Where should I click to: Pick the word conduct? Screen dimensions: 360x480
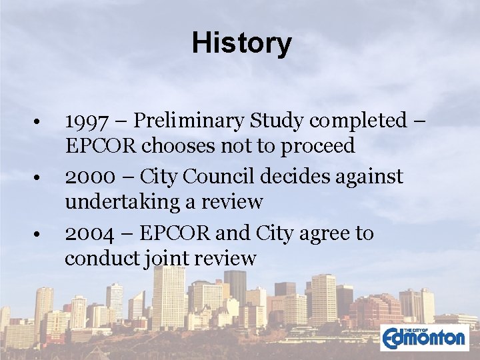click(101, 258)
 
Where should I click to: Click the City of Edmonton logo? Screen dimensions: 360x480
click(424, 337)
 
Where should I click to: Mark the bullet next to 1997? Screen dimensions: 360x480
click(41, 122)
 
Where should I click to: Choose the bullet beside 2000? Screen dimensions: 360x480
click(41, 178)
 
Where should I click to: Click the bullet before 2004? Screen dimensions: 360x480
click(41, 235)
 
